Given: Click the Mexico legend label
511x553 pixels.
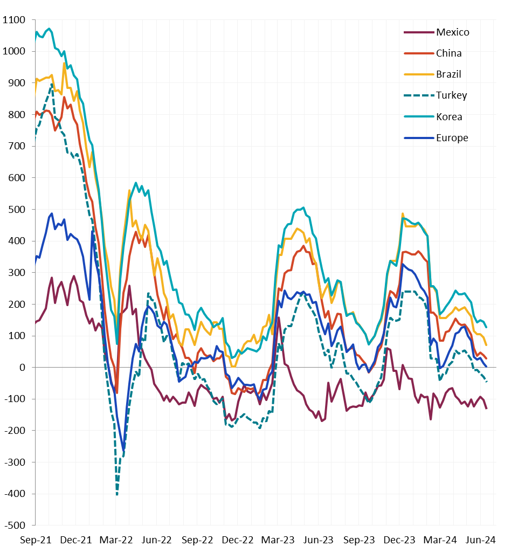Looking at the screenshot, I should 452,32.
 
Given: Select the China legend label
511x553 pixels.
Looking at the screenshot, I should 448,53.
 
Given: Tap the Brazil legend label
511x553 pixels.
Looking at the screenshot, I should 448,74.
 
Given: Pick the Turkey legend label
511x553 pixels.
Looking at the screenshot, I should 451,95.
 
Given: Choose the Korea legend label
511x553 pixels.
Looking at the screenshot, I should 449,117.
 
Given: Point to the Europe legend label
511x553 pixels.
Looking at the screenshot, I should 452,138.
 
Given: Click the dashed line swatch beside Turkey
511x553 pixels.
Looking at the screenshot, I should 418,95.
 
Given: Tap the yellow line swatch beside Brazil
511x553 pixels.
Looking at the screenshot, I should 418,74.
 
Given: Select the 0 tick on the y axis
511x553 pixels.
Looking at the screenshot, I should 22,368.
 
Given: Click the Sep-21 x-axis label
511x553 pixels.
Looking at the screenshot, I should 36,540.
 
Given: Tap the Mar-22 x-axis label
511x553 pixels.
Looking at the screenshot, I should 116,540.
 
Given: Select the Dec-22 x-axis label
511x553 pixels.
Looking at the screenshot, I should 238,540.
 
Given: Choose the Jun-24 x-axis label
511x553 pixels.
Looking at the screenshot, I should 481,540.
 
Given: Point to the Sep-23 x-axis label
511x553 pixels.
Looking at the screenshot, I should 359,540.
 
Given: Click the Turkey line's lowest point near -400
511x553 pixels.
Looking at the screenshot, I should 117,494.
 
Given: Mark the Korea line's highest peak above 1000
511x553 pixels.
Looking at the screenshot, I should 49,29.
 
